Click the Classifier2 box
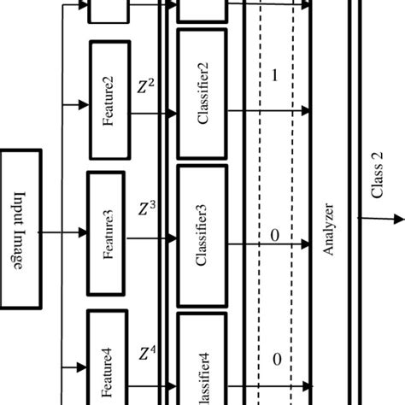tap(202, 95)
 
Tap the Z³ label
tap(146, 207)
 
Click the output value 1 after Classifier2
tap(273, 75)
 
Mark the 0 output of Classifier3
tap(273, 234)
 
